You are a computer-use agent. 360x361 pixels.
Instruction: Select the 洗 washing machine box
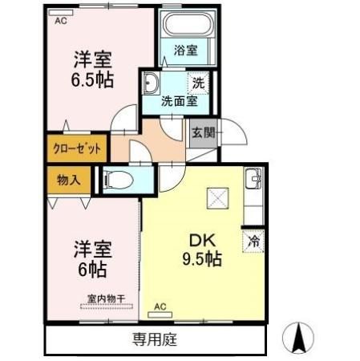point(196,82)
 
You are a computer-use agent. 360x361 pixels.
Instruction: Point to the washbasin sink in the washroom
point(152,82)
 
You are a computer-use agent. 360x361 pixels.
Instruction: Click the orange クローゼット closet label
point(76,149)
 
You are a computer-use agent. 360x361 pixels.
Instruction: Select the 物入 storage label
point(69,180)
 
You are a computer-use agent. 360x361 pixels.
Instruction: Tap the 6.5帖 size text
point(93,80)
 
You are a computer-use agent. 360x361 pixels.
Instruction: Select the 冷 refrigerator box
point(253,239)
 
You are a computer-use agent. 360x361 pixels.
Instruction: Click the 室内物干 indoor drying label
point(107,300)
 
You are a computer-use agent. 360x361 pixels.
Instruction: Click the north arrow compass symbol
point(298,336)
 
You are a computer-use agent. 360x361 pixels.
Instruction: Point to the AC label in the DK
point(160,306)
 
